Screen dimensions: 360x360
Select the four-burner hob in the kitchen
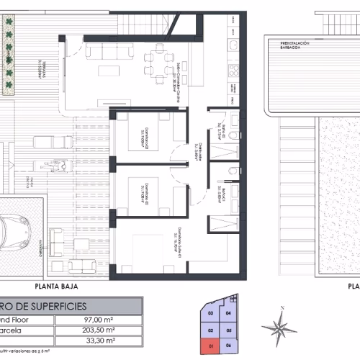(x=234, y=71)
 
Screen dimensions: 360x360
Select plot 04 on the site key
(x=229, y=314)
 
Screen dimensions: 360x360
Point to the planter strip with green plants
(x=9, y=54)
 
